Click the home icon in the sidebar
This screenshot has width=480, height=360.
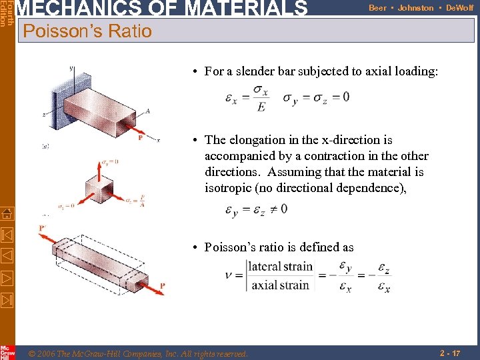click(x=7, y=214)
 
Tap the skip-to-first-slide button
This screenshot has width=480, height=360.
click(x=7, y=235)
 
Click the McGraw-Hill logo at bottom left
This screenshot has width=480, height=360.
click(x=7, y=352)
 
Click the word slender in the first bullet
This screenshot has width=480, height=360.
click(x=262, y=71)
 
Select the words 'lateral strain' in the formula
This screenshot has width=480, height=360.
click(x=280, y=267)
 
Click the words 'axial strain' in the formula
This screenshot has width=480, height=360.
click(x=280, y=285)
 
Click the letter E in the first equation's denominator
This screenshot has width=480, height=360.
click(x=261, y=107)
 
